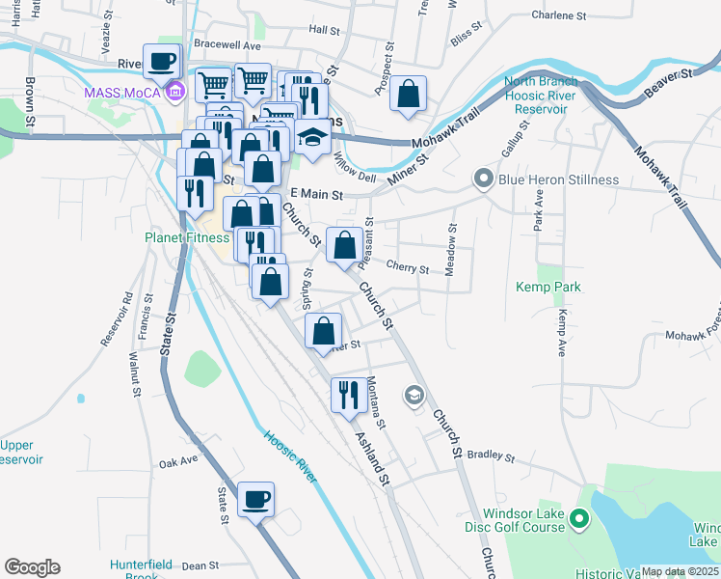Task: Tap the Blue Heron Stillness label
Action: click(557, 179)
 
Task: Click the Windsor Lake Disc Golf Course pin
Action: click(578, 520)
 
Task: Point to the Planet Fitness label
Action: click(187, 237)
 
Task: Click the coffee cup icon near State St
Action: click(255, 500)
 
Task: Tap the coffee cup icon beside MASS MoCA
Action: click(162, 62)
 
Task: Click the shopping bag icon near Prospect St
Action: click(409, 96)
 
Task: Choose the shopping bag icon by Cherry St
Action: click(344, 246)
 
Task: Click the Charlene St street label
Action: click(559, 16)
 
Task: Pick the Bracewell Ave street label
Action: click(227, 45)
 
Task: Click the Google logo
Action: click(32, 567)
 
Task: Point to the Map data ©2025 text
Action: click(680, 572)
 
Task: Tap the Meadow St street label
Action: click(450, 250)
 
